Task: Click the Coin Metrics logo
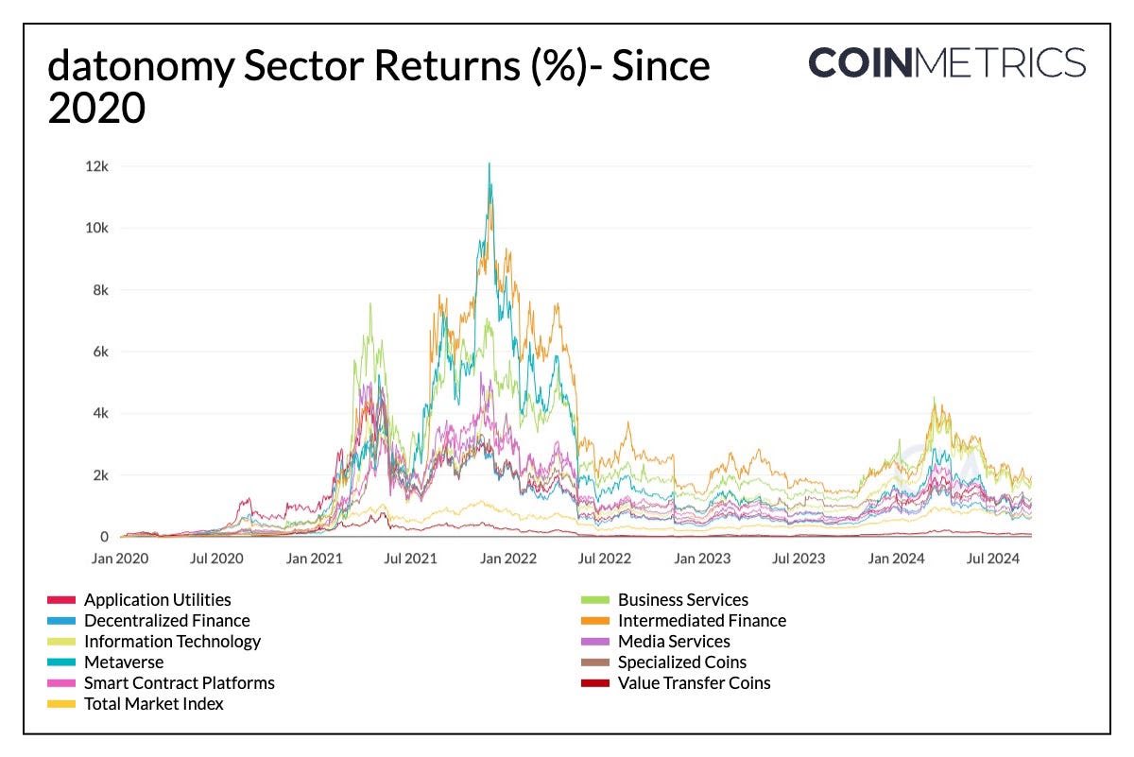[x=947, y=62]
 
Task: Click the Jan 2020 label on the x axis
[x=119, y=559]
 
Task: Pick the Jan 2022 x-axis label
[x=507, y=559]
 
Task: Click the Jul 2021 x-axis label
[x=410, y=559]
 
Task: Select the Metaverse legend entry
[x=123, y=662]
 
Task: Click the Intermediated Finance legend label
[x=701, y=621]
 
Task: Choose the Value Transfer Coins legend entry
[x=694, y=683]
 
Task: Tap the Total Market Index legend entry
[x=153, y=704]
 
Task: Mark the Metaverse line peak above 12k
[x=489, y=164]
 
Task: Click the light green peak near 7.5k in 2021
[x=369, y=304]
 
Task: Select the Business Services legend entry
[x=682, y=600]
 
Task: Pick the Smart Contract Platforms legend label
[x=179, y=683]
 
